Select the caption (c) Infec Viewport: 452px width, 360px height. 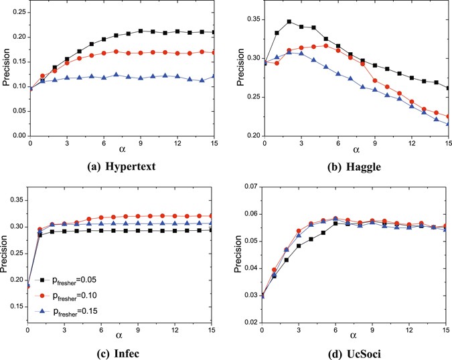119,348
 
